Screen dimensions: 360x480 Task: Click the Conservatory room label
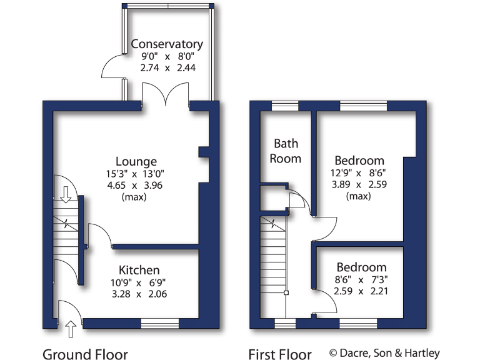(x=167, y=44)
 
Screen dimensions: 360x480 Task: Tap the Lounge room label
(x=136, y=162)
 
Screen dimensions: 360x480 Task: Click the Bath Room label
(x=285, y=151)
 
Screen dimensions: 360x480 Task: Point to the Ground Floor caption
(x=85, y=355)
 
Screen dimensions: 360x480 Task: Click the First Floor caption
(x=280, y=355)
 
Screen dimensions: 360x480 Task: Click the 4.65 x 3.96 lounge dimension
(x=136, y=186)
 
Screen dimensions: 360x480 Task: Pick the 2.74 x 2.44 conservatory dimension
(x=167, y=67)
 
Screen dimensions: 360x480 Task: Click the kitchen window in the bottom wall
(x=159, y=323)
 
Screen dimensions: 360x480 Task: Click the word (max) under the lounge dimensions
(x=136, y=197)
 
